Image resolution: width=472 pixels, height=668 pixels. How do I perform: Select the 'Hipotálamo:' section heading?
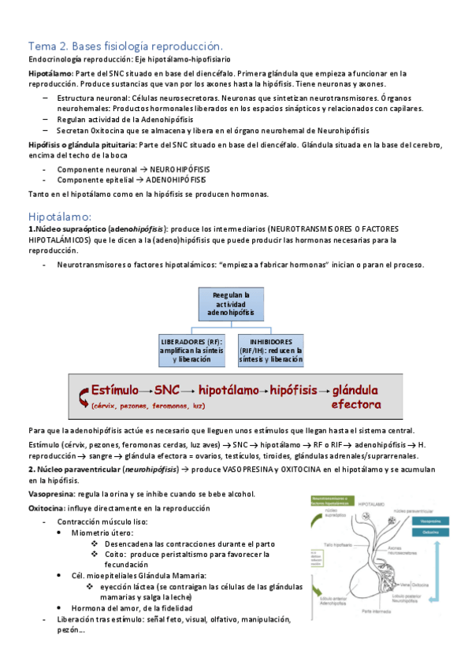[x=61, y=215]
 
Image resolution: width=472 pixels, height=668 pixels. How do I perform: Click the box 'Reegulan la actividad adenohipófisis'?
[x=231, y=304]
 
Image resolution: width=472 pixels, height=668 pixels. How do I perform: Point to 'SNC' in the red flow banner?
[x=167, y=390]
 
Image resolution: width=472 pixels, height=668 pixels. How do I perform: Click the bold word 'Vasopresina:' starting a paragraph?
[x=50, y=494]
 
